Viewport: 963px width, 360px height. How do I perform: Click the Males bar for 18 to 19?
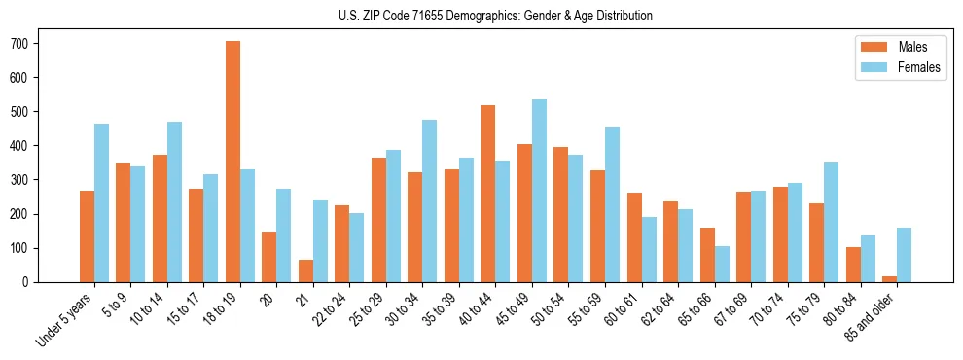pyautogui.click(x=232, y=162)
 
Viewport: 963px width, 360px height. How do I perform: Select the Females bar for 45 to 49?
pyautogui.click(x=539, y=191)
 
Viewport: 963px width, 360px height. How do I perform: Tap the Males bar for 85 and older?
pyautogui.click(x=889, y=279)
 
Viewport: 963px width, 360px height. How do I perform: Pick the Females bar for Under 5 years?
pyautogui.click(x=101, y=202)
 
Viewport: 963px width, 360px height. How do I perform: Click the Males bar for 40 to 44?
pyautogui.click(x=488, y=194)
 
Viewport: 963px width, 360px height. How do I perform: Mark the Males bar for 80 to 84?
pyautogui.click(x=853, y=265)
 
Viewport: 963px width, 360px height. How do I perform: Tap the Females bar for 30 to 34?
pyautogui.click(x=430, y=200)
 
